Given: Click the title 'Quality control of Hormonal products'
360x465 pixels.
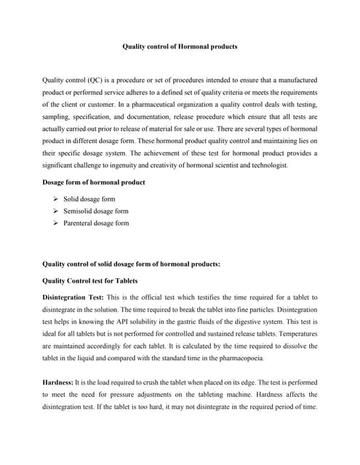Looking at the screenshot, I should point(180,46).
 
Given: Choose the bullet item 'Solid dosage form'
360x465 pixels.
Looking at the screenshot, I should point(89,198).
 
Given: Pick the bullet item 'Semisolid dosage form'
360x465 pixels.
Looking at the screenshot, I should point(95,211).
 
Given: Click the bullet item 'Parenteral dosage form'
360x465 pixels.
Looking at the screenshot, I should point(96,223).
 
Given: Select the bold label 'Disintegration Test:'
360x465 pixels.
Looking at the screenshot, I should point(73,297).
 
